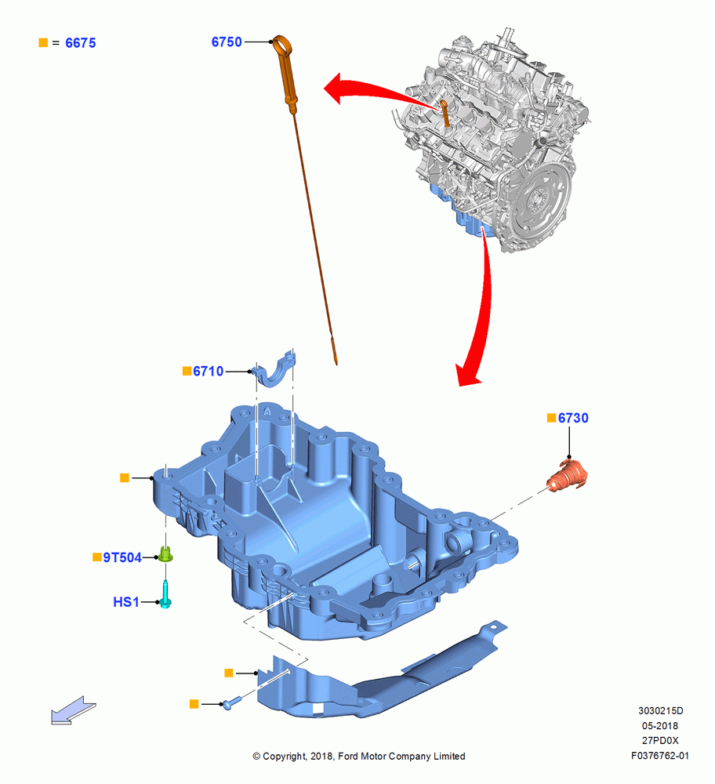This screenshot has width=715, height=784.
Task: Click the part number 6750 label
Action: [227, 42]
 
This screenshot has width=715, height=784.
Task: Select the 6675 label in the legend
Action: [81, 43]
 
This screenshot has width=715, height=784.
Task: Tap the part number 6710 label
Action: [208, 371]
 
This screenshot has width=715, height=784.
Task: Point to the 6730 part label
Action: [573, 418]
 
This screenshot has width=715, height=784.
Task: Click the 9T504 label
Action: [122, 557]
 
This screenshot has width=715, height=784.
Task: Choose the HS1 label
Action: [126, 602]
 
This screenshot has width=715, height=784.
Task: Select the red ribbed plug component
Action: [568, 476]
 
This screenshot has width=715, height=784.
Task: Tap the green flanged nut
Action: [165, 554]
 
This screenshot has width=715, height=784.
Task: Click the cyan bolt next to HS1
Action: [165, 594]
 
